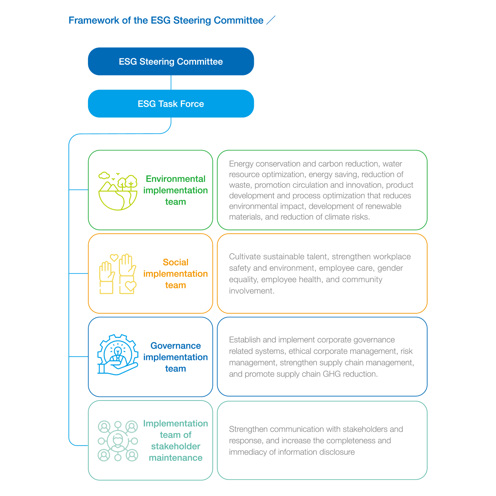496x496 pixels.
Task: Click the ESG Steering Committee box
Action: point(171,62)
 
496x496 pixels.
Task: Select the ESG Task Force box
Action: point(171,104)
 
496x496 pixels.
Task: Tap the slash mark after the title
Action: point(271,20)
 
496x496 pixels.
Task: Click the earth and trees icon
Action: point(118,191)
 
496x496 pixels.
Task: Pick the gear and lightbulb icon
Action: point(118,355)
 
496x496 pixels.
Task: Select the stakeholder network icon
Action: point(118,441)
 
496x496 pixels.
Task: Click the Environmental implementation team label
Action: point(176,190)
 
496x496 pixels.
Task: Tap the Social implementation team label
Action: point(176,274)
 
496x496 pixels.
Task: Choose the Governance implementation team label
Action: point(176,357)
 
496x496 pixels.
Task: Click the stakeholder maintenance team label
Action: point(176,441)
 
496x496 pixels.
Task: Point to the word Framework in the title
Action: point(94,20)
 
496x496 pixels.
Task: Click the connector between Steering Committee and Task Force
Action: point(171,82)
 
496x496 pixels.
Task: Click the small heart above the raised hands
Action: point(114,257)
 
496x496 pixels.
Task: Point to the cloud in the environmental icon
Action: point(104,176)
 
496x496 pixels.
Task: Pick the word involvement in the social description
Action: point(252,291)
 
